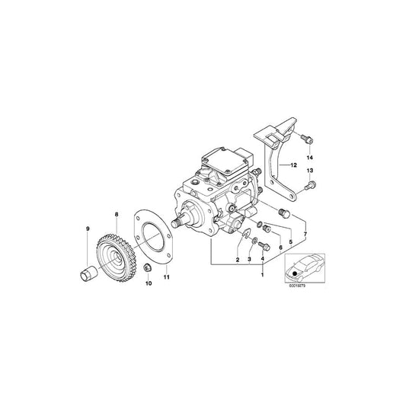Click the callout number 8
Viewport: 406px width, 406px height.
[117, 216]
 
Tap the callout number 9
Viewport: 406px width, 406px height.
[87, 229]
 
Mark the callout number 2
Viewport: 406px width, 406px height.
[238, 261]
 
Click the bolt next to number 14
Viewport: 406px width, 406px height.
[305, 139]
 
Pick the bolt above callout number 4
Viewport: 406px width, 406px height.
[263, 245]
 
